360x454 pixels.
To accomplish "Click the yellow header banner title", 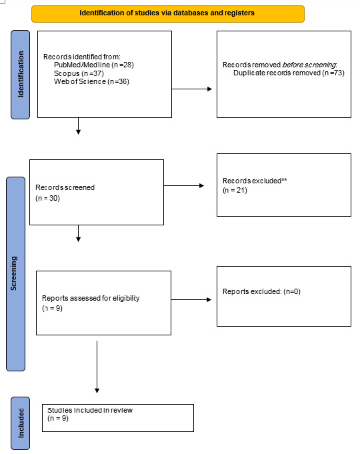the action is pos(167,13).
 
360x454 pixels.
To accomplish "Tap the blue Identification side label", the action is pos(20,75).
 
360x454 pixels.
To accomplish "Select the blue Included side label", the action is pos(20,423).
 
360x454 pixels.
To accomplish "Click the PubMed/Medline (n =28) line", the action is pos(94,65).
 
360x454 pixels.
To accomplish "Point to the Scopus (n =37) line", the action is pos(79,73).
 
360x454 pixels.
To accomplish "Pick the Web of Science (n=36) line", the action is pos(91,81).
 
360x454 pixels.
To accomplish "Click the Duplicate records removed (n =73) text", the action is pos(289,73).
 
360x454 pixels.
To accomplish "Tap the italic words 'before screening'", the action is pos(309,65).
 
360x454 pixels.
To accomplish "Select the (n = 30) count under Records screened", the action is pos(47,199).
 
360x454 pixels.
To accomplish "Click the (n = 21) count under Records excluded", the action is pos(235,191).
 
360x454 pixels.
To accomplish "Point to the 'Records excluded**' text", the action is pos(255,181).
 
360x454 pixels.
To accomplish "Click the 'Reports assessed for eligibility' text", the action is pos(91,298).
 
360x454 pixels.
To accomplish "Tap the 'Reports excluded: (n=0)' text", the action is pos(261,291).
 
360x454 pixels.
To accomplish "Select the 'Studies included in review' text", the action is pos(90,410).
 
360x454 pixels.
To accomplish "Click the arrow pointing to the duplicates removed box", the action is pos(192,89).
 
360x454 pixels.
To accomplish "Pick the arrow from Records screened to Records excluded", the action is pos(184,185).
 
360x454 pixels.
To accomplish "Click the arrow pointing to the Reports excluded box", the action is pos(191,300).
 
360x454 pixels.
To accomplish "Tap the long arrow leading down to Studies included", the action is pos(97,367).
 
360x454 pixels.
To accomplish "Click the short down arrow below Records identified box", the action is pos(78,126).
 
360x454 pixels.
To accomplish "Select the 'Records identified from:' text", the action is pos(82,57).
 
